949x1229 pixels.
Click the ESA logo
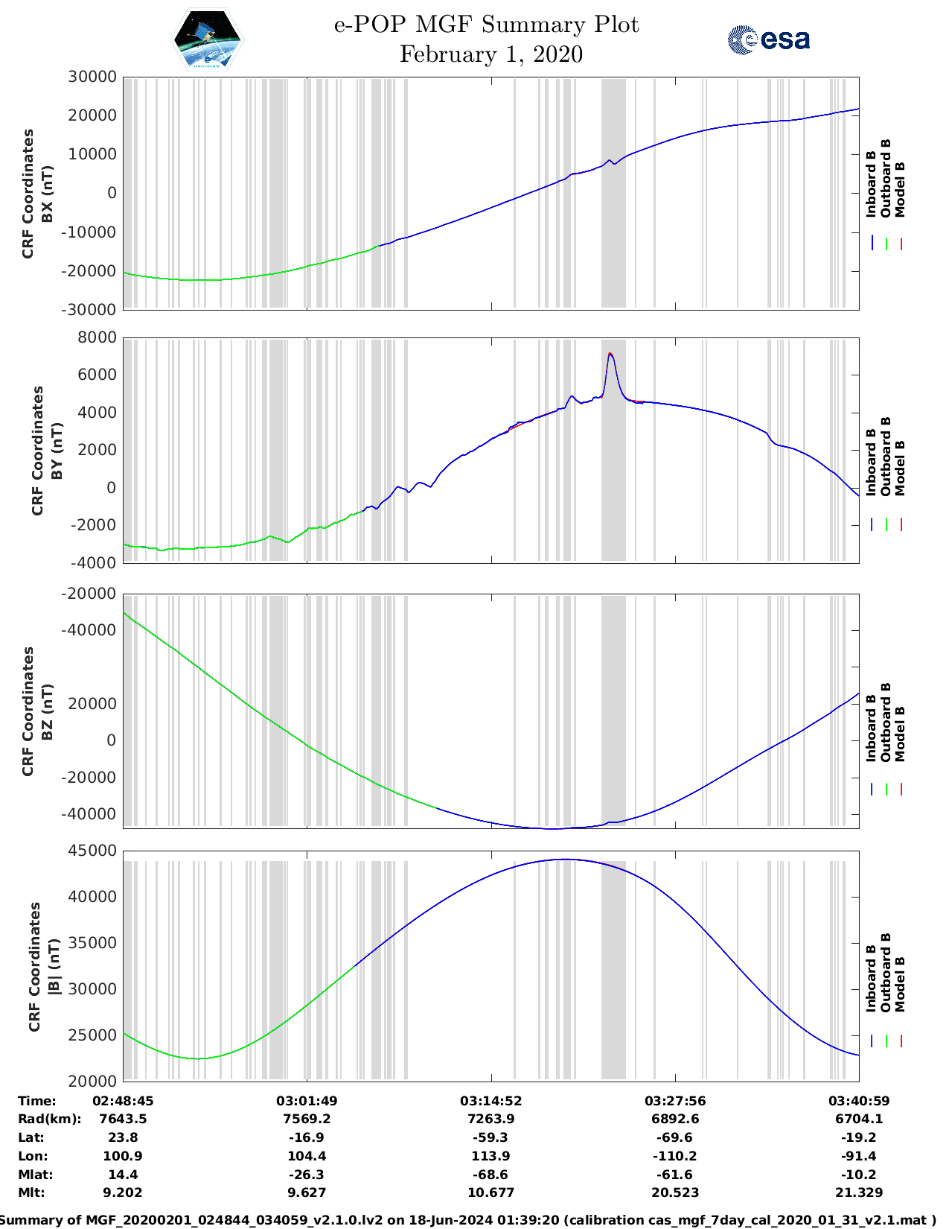[x=769, y=39]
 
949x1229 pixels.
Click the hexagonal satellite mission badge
[x=207, y=39]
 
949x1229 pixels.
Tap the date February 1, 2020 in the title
[x=491, y=54]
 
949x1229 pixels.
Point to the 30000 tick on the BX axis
[x=92, y=77]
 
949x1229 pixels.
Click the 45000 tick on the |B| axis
[x=92, y=851]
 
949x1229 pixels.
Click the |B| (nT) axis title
[x=43, y=967]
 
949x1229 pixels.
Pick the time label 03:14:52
[x=491, y=1101]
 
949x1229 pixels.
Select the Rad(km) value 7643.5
[x=123, y=1119]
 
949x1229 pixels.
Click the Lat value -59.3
[x=491, y=1137]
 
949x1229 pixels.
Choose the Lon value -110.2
[x=675, y=1156]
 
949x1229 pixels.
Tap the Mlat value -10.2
[x=859, y=1175]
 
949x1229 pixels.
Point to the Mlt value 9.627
[x=307, y=1193]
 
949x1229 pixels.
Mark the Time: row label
[x=36, y=1101]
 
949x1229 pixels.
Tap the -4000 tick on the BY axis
[x=95, y=563]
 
